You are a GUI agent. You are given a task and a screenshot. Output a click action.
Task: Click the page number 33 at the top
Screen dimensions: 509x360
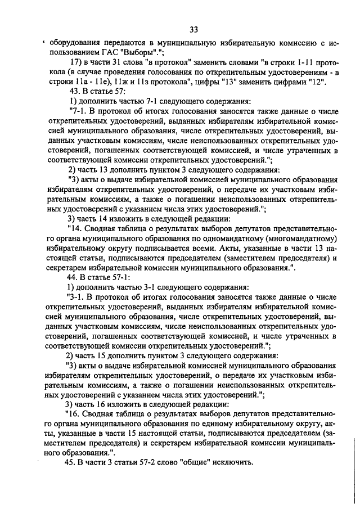(x=193, y=29)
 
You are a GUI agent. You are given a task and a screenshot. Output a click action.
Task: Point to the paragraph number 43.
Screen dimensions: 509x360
(x=74, y=92)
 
